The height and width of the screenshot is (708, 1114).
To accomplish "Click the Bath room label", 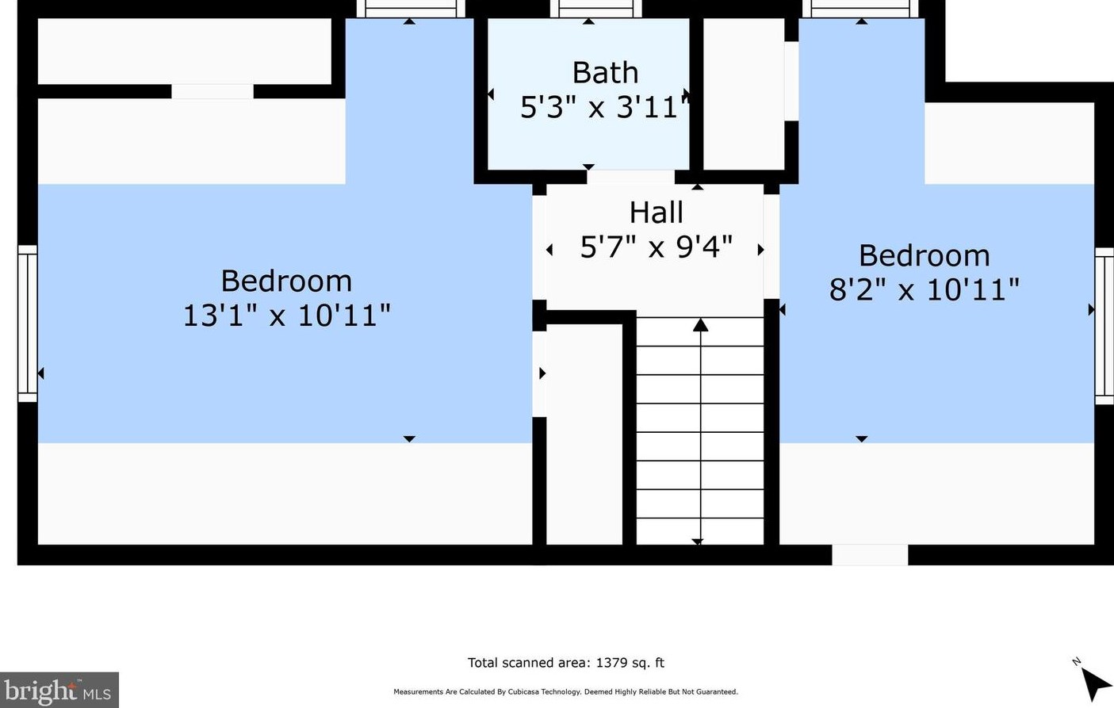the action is [x=605, y=73].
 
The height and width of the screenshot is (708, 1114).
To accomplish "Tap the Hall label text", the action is [x=656, y=212].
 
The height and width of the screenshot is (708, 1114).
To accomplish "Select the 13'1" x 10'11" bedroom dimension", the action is [x=287, y=316].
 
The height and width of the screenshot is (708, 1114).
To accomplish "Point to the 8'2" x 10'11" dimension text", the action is [x=924, y=289].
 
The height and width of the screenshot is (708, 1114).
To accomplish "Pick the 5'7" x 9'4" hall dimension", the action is [x=657, y=247].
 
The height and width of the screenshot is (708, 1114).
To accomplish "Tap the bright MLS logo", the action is [x=59, y=690].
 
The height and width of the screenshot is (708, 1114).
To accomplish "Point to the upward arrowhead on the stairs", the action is [x=700, y=325].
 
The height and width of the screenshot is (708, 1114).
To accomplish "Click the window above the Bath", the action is [x=595, y=9].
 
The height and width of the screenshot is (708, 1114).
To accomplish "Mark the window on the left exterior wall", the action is [x=27, y=323].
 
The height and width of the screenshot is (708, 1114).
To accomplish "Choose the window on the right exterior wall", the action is [x=1104, y=326].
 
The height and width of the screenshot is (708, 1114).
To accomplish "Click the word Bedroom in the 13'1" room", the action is [x=286, y=281].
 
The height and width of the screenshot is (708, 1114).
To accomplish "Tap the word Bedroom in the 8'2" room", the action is [x=925, y=255].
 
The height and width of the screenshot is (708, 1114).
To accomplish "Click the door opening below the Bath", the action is [x=630, y=177].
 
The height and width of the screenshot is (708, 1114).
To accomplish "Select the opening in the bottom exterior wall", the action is [x=870, y=555].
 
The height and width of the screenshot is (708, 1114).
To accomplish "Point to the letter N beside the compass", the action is [x=1076, y=662].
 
